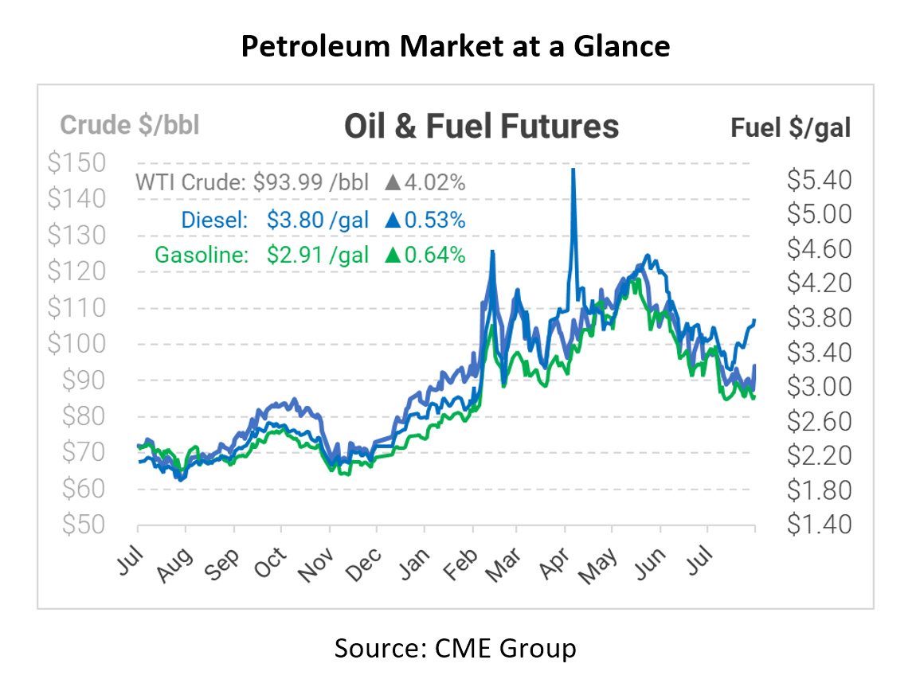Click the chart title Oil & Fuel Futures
point(481,126)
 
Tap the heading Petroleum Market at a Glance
point(455,47)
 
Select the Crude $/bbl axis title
point(130,125)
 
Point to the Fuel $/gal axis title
point(790,127)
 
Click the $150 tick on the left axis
point(76,163)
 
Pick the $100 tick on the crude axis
point(76,344)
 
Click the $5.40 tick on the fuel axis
point(819,181)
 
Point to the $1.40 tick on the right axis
point(819,524)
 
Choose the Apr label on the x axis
point(554,555)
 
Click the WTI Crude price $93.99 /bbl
point(311,182)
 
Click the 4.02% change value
point(435,182)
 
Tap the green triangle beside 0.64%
point(391,255)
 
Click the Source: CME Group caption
point(455,648)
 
